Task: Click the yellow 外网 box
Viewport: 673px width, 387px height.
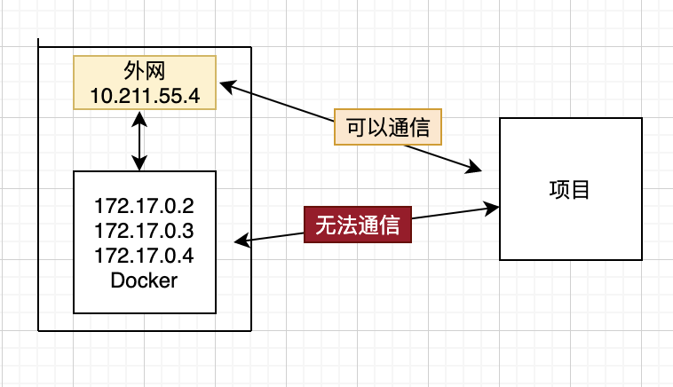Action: click(144, 83)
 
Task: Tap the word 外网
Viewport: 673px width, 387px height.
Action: click(144, 71)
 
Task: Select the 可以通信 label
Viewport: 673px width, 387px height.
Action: click(387, 127)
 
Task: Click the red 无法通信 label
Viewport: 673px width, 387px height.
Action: click(357, 225)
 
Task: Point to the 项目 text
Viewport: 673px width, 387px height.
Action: click(570, 190)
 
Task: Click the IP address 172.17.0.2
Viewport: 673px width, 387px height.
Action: click(144, 208)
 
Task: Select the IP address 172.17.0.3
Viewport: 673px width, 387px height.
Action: click(144, 232)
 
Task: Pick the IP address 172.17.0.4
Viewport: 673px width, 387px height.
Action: click(144, 256)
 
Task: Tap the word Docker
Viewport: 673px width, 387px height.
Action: click(144, 280)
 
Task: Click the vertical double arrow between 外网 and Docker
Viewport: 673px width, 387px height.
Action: click(139, 140)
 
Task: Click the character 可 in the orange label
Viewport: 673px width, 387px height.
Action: click(354, 127)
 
